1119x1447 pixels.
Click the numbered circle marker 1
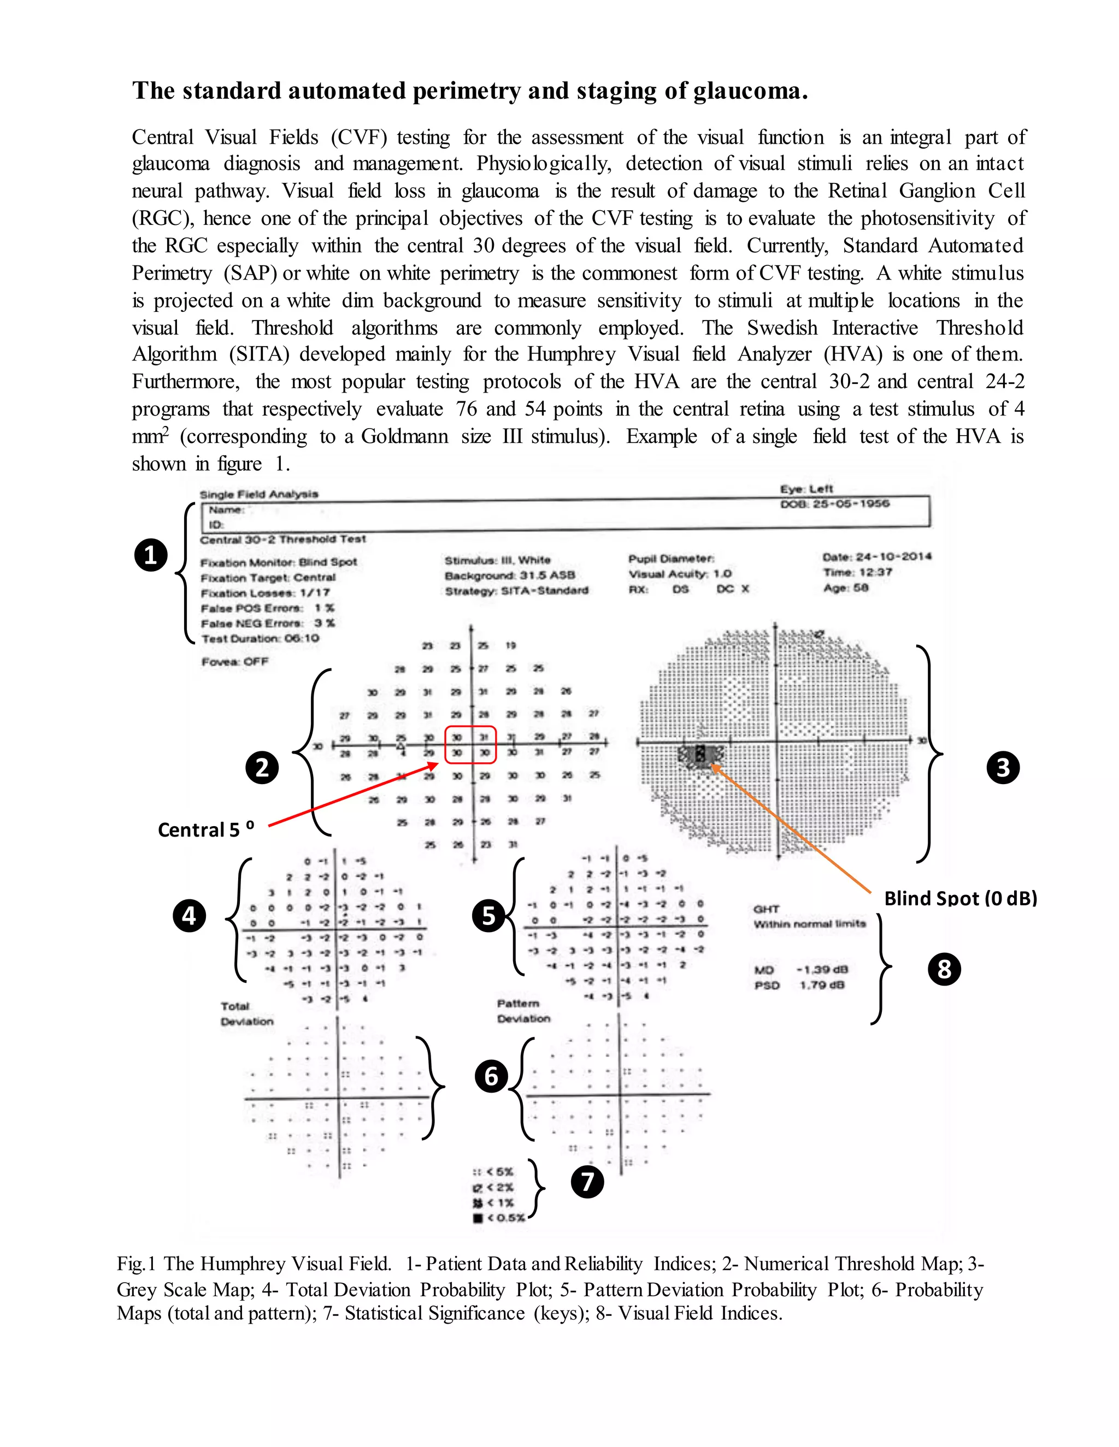[151, 555]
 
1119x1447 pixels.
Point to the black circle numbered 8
[944, 969]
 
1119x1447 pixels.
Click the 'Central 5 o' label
[205, 829]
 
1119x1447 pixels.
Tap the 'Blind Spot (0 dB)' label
[960, 898]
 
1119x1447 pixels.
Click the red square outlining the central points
[470, 745]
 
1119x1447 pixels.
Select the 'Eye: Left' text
[806, 488]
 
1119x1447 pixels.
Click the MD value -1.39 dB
[821, 969]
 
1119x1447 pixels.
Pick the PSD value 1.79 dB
[821, 985]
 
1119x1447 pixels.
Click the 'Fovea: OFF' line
[234, 661]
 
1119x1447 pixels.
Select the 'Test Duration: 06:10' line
[260, 639]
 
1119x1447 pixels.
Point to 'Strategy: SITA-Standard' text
[516, 590]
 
